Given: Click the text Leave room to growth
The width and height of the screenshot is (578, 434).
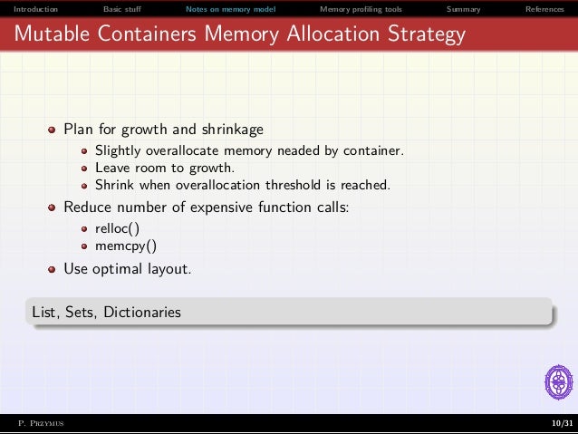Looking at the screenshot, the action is coord(164,168).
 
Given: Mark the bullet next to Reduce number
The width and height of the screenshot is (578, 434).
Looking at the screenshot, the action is coord(53,207).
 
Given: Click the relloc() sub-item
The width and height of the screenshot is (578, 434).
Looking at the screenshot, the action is coord(123,228).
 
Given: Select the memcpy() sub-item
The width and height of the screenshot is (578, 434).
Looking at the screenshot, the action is coord(126,246).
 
